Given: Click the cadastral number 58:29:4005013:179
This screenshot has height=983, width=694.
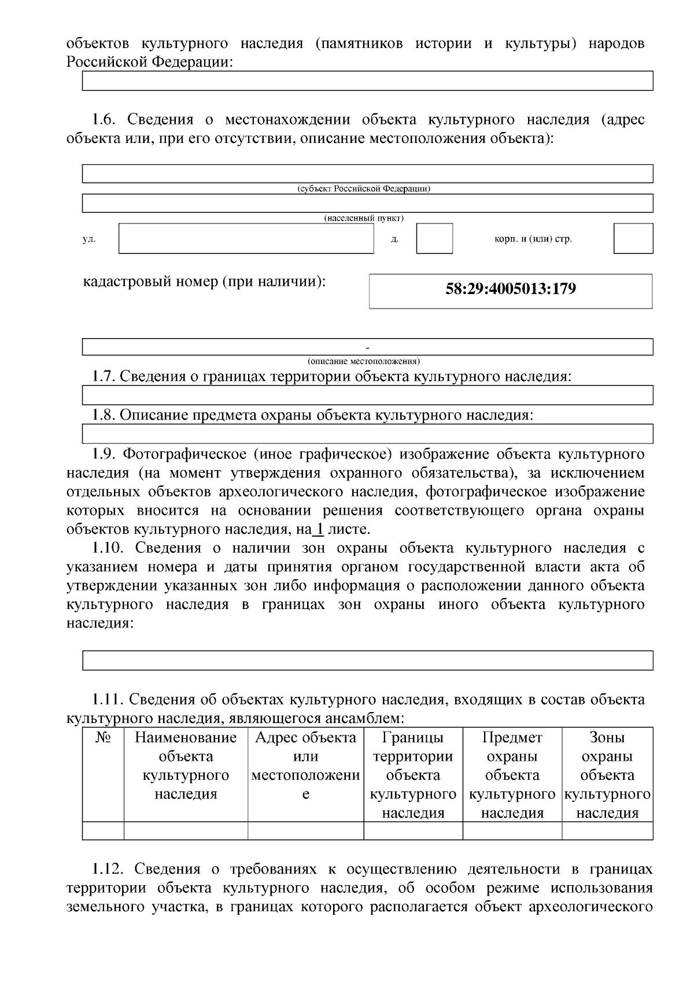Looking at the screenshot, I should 510,289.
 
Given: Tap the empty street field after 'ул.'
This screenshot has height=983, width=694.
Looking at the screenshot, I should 246,239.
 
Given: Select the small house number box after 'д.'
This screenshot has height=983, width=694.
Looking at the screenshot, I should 434,239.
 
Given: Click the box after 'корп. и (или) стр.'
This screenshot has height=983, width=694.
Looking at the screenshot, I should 633,239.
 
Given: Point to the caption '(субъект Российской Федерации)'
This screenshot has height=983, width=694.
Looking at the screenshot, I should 363,189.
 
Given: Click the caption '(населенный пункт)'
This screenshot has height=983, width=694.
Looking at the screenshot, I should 363,218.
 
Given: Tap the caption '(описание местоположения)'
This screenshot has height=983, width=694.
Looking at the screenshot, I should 363,361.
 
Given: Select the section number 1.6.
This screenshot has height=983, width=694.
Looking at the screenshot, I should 105,120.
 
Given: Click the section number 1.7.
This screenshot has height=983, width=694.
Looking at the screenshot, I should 105,376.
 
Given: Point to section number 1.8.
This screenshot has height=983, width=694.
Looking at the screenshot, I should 105,415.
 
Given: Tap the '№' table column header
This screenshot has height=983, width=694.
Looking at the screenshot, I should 103,738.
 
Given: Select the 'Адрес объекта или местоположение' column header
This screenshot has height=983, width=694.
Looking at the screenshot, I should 305,765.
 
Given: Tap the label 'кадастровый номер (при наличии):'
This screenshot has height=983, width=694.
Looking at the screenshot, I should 205,282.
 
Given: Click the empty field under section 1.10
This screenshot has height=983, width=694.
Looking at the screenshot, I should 367,661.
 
